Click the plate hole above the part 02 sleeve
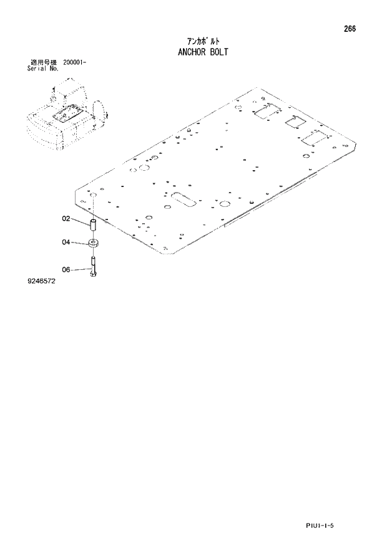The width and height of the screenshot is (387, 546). tap(94, 195)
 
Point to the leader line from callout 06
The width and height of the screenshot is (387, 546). tap(80, 269)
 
